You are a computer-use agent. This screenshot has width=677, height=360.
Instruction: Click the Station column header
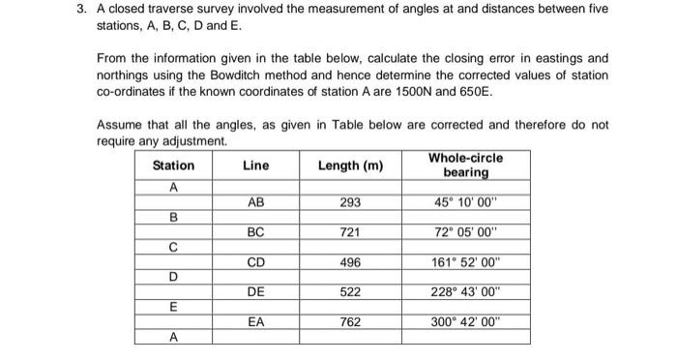(x=173, y=165)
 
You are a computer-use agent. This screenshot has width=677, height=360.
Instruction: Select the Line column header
(x=255, y=165)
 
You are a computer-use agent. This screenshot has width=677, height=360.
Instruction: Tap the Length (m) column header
(x=350, y=165)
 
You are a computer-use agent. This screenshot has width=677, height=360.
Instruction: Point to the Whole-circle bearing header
(x=465, y=165)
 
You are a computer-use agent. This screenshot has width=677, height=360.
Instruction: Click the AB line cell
(x=255, y=203)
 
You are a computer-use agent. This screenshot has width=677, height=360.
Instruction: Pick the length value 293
(x=350, y=203)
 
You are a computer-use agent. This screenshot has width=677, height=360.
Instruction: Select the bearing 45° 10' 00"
(x=465, y=203)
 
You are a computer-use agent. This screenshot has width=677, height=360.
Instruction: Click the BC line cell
(x=255, y=232)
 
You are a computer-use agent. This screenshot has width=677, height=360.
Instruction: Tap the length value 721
(x=350, y=232)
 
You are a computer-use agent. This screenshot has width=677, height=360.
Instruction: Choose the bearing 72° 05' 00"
(x=465, y=232)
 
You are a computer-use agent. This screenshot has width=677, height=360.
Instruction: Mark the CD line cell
(x=255, y=261)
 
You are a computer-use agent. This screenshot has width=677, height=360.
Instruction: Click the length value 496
(x=350, y=261)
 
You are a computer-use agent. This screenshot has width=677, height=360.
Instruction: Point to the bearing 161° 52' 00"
(x=465, y=261)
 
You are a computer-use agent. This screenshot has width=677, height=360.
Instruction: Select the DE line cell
(x=255, y=290)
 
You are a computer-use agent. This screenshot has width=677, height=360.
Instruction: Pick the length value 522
(x=350, y=290)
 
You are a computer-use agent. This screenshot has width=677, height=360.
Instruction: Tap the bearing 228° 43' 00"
(x=465, y=290)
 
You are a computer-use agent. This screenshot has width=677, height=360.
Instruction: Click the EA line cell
(x=255, y=320)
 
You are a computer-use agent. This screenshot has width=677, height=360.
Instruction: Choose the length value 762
(x=350, y=320)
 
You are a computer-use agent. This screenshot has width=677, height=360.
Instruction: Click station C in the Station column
(x=173, y=247)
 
